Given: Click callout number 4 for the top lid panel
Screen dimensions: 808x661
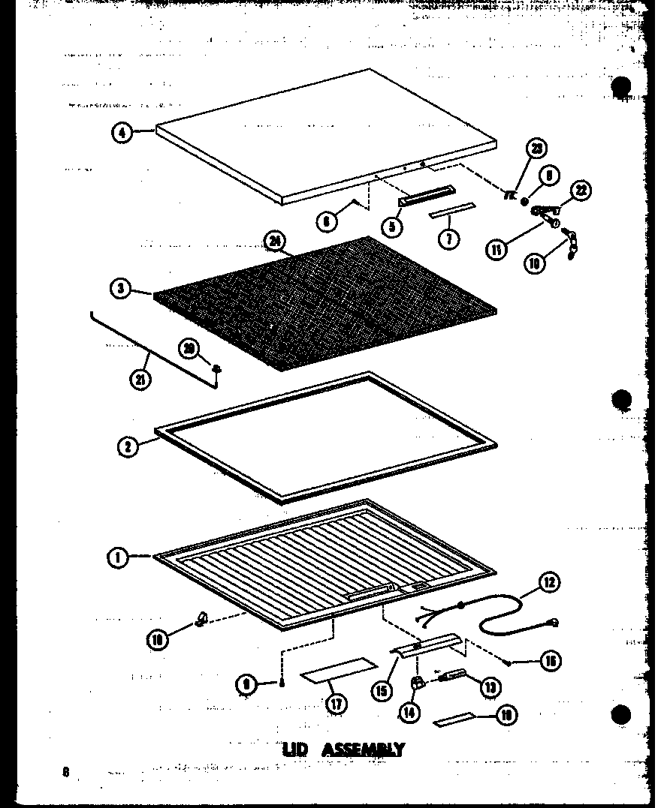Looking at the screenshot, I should [x=121, y=133].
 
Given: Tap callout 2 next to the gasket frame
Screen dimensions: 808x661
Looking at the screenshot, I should [x=128, y=446].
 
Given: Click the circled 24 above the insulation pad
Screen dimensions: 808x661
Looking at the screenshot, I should [x=274, y=242].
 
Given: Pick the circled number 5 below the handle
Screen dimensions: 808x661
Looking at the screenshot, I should [x=391, y=226].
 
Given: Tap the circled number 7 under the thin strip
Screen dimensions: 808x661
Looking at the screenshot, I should [x=448, y=240].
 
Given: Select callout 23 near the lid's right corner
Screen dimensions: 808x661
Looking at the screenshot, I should [x=536, y=149].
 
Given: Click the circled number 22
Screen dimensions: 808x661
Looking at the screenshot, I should [x=581, y=191].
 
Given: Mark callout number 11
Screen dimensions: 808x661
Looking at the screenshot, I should [x=497, y=249].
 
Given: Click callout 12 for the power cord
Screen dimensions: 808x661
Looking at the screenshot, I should [x=549, y=582].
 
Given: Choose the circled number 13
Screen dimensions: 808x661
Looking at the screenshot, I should [x=491, y=686].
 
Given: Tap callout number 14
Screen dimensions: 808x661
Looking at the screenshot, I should [x=409, y=711].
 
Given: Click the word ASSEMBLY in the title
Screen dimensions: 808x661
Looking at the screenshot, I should [x=364, y=749].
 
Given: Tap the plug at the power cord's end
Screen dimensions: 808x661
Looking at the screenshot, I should [x=554, y=622].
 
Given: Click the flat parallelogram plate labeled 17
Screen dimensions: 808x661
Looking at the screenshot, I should [x=340, y=670].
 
